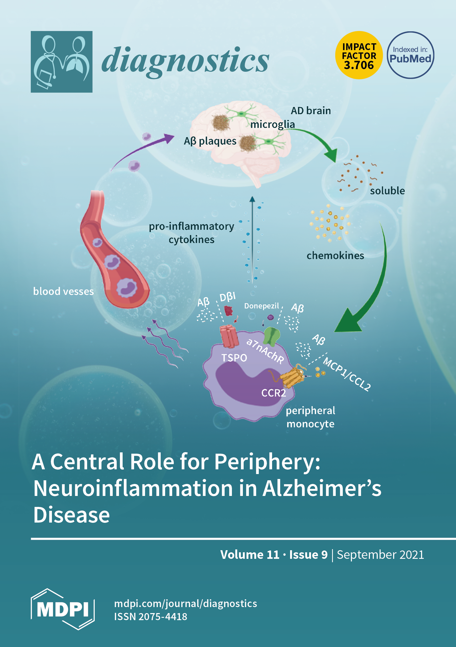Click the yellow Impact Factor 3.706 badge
[359, 55]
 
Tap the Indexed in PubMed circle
[410, 55]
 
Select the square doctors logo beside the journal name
[62, 62]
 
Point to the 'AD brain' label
[311, 111]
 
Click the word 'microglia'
[273, 124]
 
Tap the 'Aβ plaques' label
[210, 141]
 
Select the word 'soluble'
[387, 191]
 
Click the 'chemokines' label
[335, 256]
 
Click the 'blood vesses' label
[63, 291]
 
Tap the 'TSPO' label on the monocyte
[234, 358]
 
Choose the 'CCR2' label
[273, 393]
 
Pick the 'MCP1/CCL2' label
[347, 374]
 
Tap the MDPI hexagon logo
[63, 609]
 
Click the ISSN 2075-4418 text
[151, 616]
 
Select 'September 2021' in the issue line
[380, 555]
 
